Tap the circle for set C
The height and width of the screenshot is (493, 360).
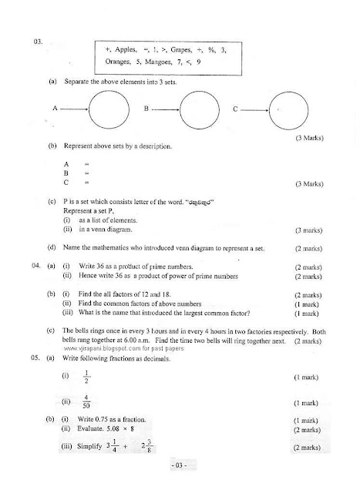pyautogui.click(x=284, y=111)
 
